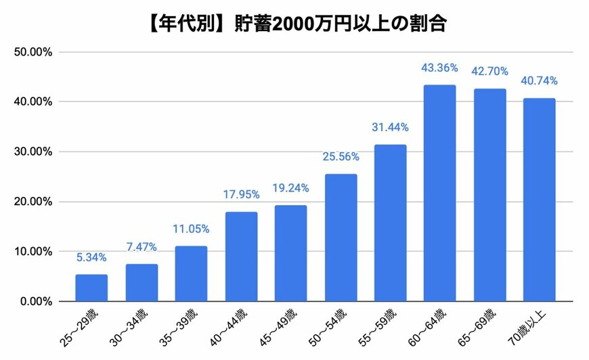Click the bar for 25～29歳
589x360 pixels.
[91, 288]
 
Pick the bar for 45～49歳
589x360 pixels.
[290, 253]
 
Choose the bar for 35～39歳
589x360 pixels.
[191, 273]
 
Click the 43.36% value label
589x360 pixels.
[439, 68]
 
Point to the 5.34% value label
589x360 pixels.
[91, 258]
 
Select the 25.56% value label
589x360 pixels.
[340, 157]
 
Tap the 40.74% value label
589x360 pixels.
[539, 81]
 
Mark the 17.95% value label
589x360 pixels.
[241, 195]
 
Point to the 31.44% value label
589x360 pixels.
[390, 127]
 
